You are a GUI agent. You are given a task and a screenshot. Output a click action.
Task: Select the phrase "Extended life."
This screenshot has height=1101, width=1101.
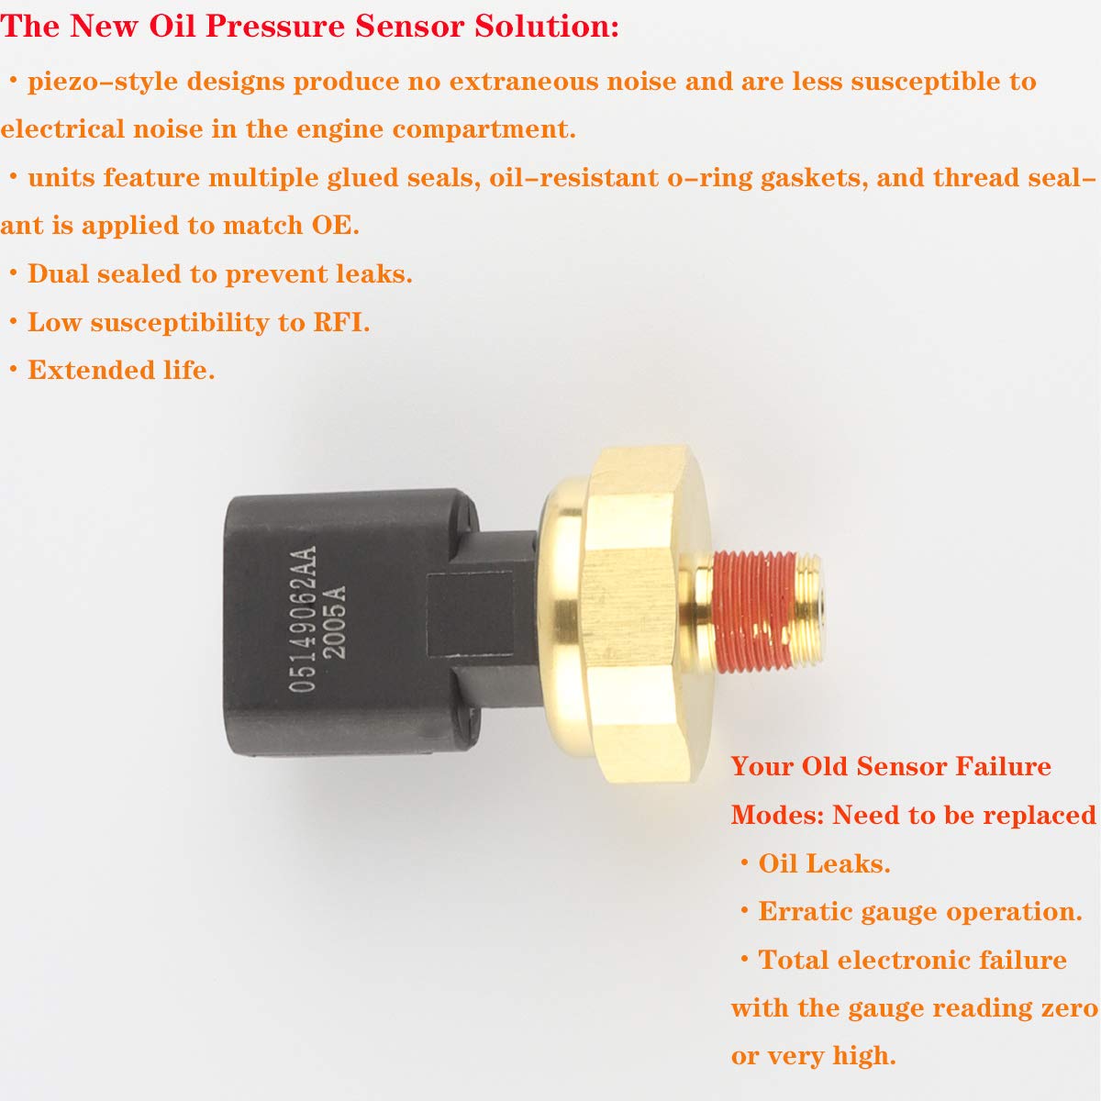(x=121, y=370)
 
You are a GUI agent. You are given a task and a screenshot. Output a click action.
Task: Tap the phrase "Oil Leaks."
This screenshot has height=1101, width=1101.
(x=824, y=863)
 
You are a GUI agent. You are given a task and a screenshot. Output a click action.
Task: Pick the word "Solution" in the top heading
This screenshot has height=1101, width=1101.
(x=541, y=26)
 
